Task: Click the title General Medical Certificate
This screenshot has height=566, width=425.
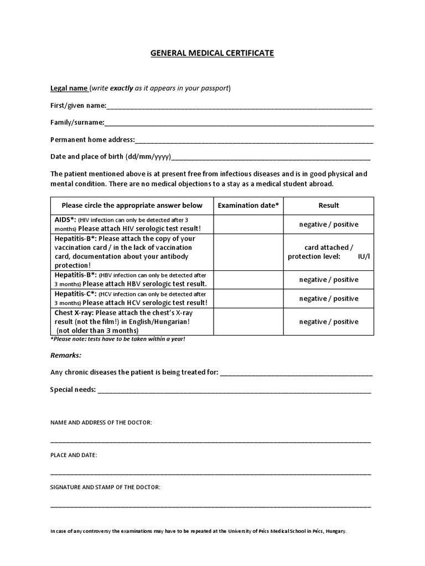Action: (212, 54)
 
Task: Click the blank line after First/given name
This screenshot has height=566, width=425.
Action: (239, 107)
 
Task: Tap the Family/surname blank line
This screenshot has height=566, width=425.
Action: (239, 123)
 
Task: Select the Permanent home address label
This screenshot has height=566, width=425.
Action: (92, 140)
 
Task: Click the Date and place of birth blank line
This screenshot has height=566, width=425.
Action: (271, 158)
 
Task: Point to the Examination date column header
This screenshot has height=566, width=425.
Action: (248, 206)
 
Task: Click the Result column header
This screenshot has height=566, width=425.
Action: (329, 206)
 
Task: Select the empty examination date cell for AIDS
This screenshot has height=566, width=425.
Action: (248, 224)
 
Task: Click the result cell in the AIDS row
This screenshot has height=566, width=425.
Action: (329, 224)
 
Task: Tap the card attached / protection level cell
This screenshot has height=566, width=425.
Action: (329, 252)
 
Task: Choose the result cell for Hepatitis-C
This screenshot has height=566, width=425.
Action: (329, 298)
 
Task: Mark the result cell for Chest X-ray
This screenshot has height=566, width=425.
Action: (329, 322)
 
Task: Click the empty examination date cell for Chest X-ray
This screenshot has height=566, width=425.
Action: (248, 322)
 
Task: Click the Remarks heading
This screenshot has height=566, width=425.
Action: (66, 355)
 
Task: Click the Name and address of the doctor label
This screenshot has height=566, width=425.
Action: (101, 422)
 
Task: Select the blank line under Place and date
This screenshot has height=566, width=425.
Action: (211, 474)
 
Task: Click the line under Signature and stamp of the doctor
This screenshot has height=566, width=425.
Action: (211, 506)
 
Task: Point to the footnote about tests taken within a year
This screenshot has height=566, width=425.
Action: (117, 339)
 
